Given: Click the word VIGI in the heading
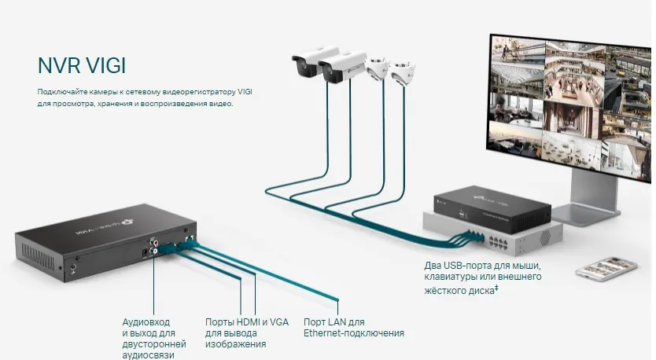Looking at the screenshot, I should pyautogui.click(x=105, y=64).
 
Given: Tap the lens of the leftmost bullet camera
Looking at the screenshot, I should pyautogui.click(x=300, y=68).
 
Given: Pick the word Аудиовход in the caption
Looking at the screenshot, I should pyautogui.click(x=146, y=322).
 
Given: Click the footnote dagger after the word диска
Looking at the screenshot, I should pyautogui.click(x=498, y=288).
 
